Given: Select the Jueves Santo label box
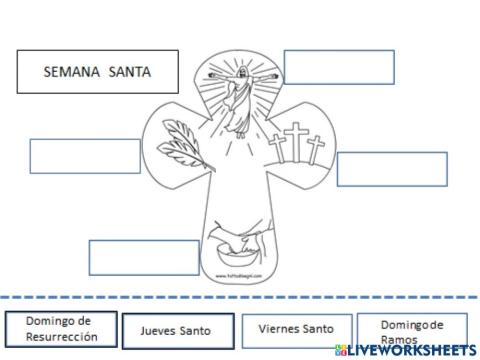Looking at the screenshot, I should (176, 329).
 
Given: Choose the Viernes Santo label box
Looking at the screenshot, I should (297, 329).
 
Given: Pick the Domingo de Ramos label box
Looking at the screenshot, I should (410, 330).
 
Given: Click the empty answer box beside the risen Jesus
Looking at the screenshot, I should (339, 66).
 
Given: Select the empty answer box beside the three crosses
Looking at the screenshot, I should (391, 169).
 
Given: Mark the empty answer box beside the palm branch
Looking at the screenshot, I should (85, 156).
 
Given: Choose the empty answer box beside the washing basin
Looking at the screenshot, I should (130, 257).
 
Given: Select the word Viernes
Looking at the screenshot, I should (278, 329).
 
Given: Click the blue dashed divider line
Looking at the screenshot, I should (240, 297).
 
